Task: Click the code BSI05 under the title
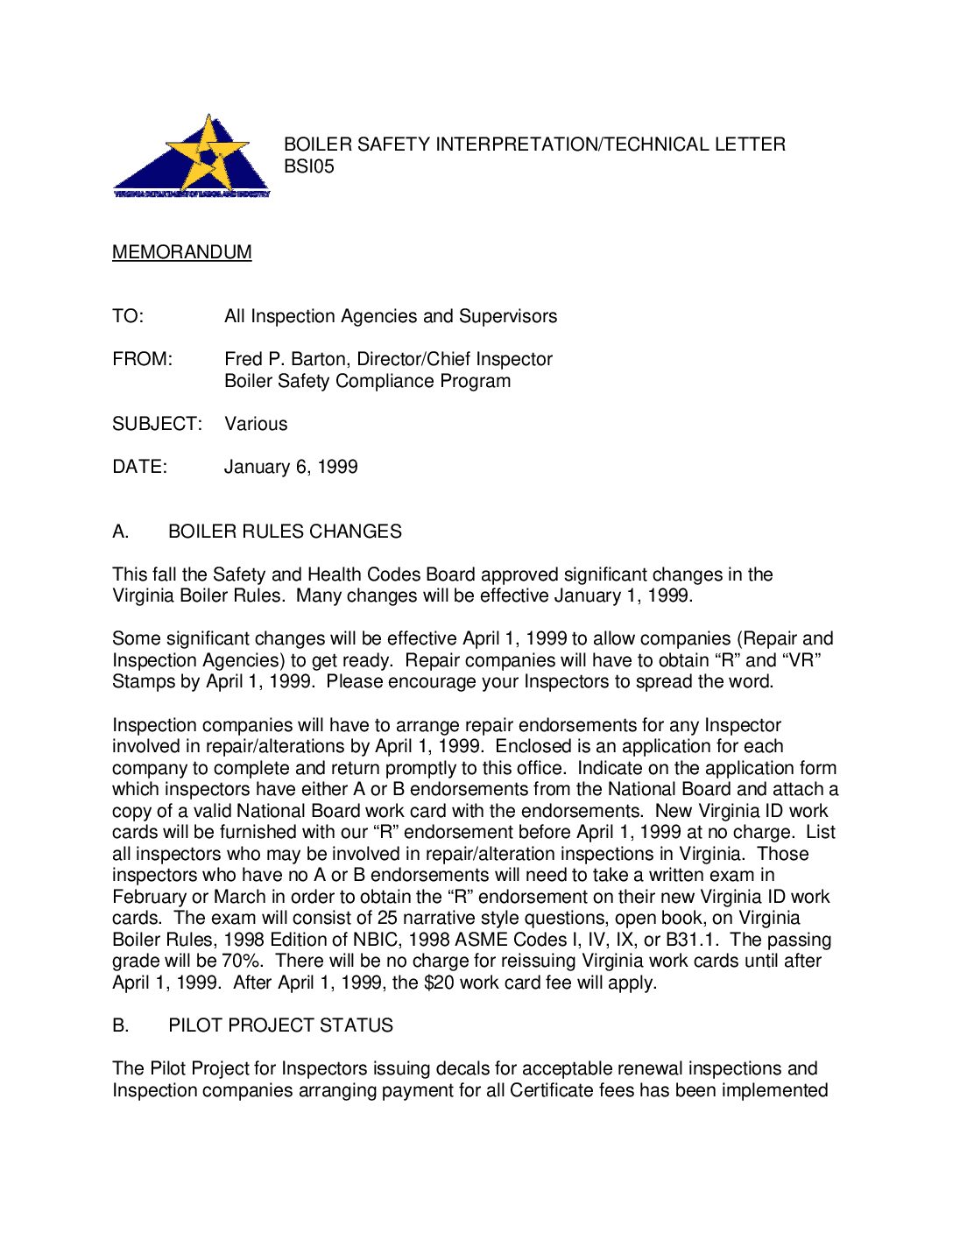pyautogui.click(x=308, y=166)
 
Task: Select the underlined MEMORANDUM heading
pyautogui.click(x=181, y=252)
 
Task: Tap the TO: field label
pyautogui.click(x=128, y=316)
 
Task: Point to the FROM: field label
pyautogui.click(x=143, y=359)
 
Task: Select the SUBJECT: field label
pyautogui.click(x=157, y=424)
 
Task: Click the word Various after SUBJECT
pyautogui.click(x=256, y=424)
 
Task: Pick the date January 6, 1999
pyautogui.click(x=291, y=467)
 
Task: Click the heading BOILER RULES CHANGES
pyautogui.click(x=285, y=532)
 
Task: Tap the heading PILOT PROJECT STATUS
pyautogui.click(x=280, y=1025)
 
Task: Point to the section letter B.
pyautogui.click(x=121, y=1025)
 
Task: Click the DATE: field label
pyautogui.click(x=139, y=467)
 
